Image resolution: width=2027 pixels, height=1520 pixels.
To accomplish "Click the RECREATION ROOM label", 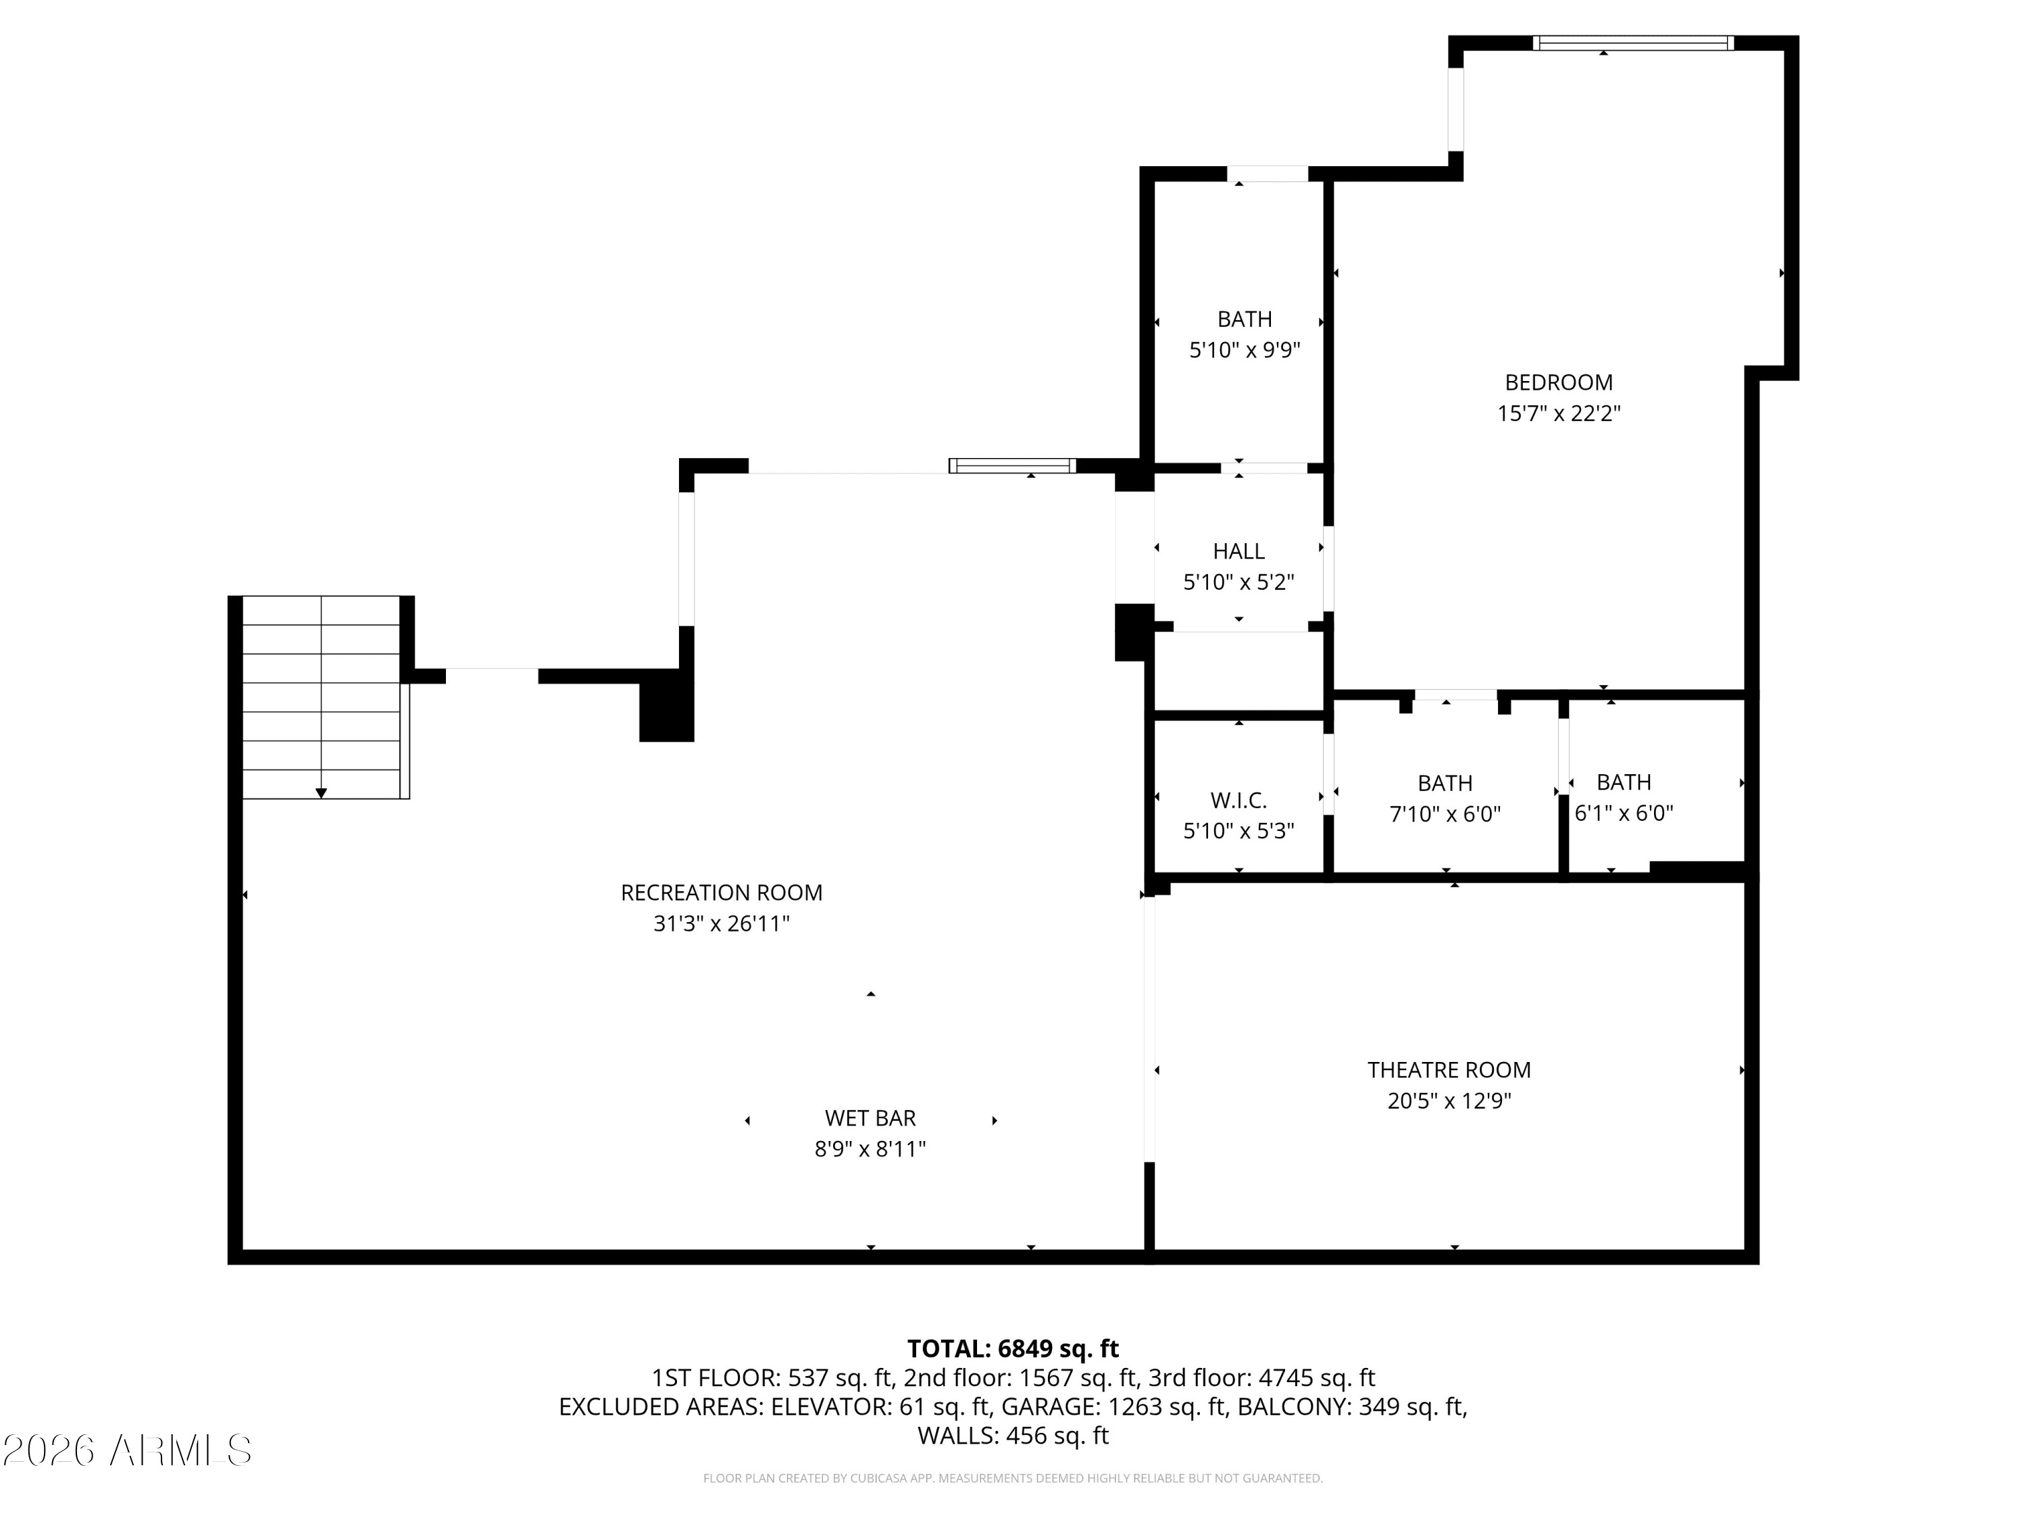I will pos(721,892).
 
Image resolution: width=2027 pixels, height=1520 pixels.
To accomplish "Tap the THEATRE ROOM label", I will pos(1449,1069).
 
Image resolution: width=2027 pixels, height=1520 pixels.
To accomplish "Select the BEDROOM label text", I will pos(1558,382).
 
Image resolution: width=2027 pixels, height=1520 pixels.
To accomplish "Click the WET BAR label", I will pos(870,1118).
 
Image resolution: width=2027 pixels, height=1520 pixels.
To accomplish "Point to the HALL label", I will pos(1238,551).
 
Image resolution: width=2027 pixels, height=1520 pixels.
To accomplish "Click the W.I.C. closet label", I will pos(1238,800).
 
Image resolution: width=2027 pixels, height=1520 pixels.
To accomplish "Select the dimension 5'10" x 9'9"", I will pos(1245,350).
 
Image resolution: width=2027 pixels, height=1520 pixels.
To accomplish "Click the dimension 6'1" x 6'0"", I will pos(1623,813).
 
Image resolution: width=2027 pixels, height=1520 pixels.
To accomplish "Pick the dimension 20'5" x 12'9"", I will pos(1449,1100).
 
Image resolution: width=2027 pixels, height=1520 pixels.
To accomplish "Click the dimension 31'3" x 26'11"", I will pos(721,923).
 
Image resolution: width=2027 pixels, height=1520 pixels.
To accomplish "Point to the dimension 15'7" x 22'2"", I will pos(1558,413).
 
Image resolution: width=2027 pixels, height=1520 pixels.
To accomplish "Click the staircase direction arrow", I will pos(321,792).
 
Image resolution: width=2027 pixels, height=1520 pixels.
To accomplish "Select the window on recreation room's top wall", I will pos(1011,465).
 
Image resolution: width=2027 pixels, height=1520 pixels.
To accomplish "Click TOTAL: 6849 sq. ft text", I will pos(1013,1348).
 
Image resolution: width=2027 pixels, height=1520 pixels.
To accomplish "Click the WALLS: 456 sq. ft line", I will pos(1013,1436).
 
